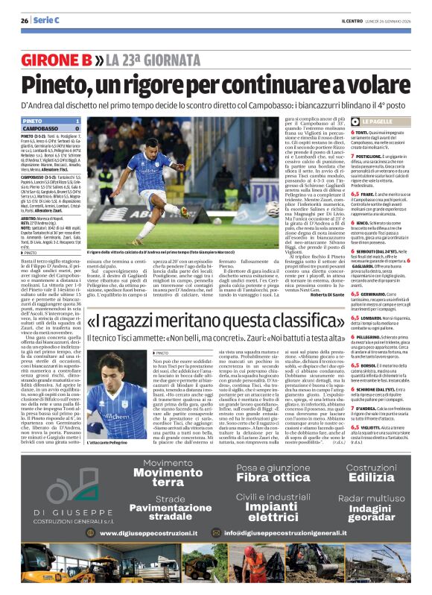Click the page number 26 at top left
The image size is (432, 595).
click(x=25, y=19)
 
